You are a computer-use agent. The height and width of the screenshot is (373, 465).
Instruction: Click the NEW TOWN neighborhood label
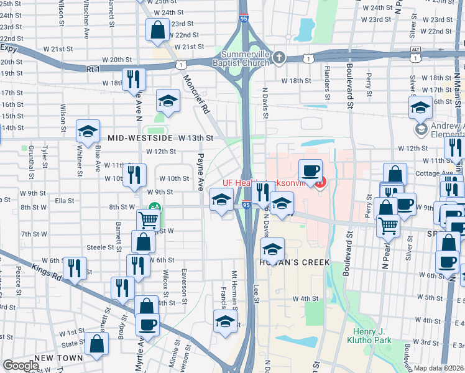tap(59, 359)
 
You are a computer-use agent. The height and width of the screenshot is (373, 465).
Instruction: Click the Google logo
tap(21, 366)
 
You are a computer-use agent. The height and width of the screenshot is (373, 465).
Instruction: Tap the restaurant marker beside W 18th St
tap(133, 79)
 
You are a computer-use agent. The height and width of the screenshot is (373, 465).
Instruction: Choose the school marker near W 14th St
tap(88, 131)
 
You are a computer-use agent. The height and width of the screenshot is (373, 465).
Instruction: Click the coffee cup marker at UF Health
tap(310, 170)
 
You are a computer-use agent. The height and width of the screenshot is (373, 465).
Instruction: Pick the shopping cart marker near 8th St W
tap(148, 220)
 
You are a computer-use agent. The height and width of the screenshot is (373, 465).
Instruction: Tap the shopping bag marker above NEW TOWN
tap(98, 343)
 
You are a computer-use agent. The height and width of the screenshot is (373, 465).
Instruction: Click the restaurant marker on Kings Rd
tap(74, 268)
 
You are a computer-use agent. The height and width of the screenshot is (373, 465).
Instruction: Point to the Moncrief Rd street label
tap(195, 94)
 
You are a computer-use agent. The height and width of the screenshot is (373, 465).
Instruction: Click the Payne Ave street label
tap(201, 172)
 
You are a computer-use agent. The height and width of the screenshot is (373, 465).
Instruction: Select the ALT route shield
tap(416, 50)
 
